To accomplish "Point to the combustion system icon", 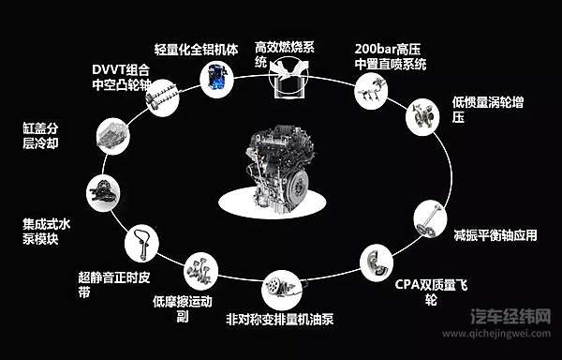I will [287, 80].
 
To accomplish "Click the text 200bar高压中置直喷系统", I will [392, 55].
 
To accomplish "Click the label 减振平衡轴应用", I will [495, 234].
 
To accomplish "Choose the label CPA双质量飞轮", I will [427, 292].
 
